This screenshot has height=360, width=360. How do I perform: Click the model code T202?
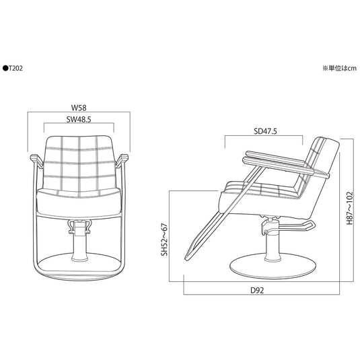[x=16, y=68]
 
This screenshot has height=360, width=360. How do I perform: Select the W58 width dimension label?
[x=78, y=106]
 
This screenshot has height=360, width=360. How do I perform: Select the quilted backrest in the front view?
[x=78, y=161]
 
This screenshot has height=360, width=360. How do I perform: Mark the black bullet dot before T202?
[x=5, y=68]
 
